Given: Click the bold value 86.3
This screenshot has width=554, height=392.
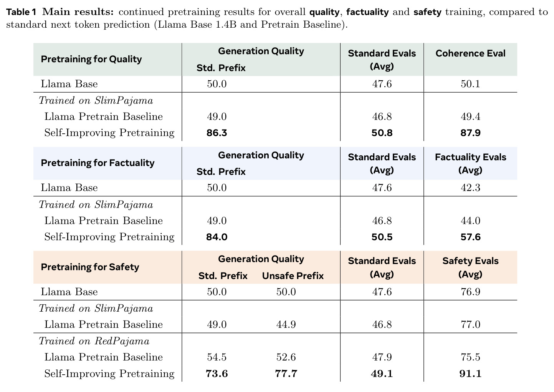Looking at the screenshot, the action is pos(217,133).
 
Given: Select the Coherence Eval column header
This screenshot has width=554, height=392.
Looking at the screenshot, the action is pos(470,53).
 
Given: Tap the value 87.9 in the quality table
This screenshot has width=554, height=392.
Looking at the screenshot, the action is pos(470,133).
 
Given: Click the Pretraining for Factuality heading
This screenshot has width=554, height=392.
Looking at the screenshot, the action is pos(98,163).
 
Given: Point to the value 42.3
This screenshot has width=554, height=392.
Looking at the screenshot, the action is pos(470,188).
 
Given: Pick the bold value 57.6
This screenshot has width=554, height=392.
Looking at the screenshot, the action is pos(470,237).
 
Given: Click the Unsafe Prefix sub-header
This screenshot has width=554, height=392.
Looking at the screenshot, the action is pos(293,276).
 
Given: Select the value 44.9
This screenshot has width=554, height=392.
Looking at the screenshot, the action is pos(286,324).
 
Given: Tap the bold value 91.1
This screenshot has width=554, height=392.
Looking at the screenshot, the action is pos(470,374).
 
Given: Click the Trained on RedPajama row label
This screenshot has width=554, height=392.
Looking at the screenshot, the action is pos(94,341).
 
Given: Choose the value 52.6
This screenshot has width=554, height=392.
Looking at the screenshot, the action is pos(286,357).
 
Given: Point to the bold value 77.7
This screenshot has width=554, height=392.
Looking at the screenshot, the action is pos(286,374).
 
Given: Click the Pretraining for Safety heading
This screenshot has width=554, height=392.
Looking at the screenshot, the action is pos(90,267).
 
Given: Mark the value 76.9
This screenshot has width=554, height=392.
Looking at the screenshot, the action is pos(470,292).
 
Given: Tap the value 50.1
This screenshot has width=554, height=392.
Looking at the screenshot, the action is pos(470,84).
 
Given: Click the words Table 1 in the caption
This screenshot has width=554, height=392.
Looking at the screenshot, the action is pos(21,12).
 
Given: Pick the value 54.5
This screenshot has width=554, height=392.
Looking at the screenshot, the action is pos(217,357).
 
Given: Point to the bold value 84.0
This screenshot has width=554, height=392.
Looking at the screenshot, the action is pos(217,237).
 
